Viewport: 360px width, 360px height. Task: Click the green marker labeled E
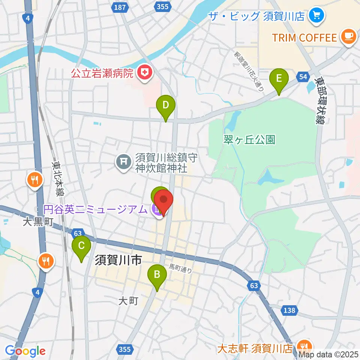(279, 79)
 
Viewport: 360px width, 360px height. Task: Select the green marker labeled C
(81, 246)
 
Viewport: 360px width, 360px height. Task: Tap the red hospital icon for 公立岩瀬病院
(144, 72)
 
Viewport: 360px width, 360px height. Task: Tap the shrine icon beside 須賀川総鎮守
(123, 162)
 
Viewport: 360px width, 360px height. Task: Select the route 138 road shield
(289, 310)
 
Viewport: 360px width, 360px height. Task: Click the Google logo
(25, 351)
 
